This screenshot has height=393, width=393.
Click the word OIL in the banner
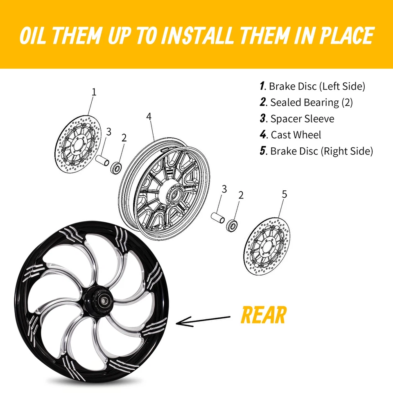(x=34, y=36)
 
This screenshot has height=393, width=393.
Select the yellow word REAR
(x=263, y=315)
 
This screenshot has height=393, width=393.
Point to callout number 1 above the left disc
(x=94, y=92)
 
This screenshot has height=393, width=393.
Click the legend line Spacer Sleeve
(x=297, y=119)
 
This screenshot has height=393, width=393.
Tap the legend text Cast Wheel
(x=291, y=135)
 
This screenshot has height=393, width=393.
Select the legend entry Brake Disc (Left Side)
(x=312, y=86)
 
